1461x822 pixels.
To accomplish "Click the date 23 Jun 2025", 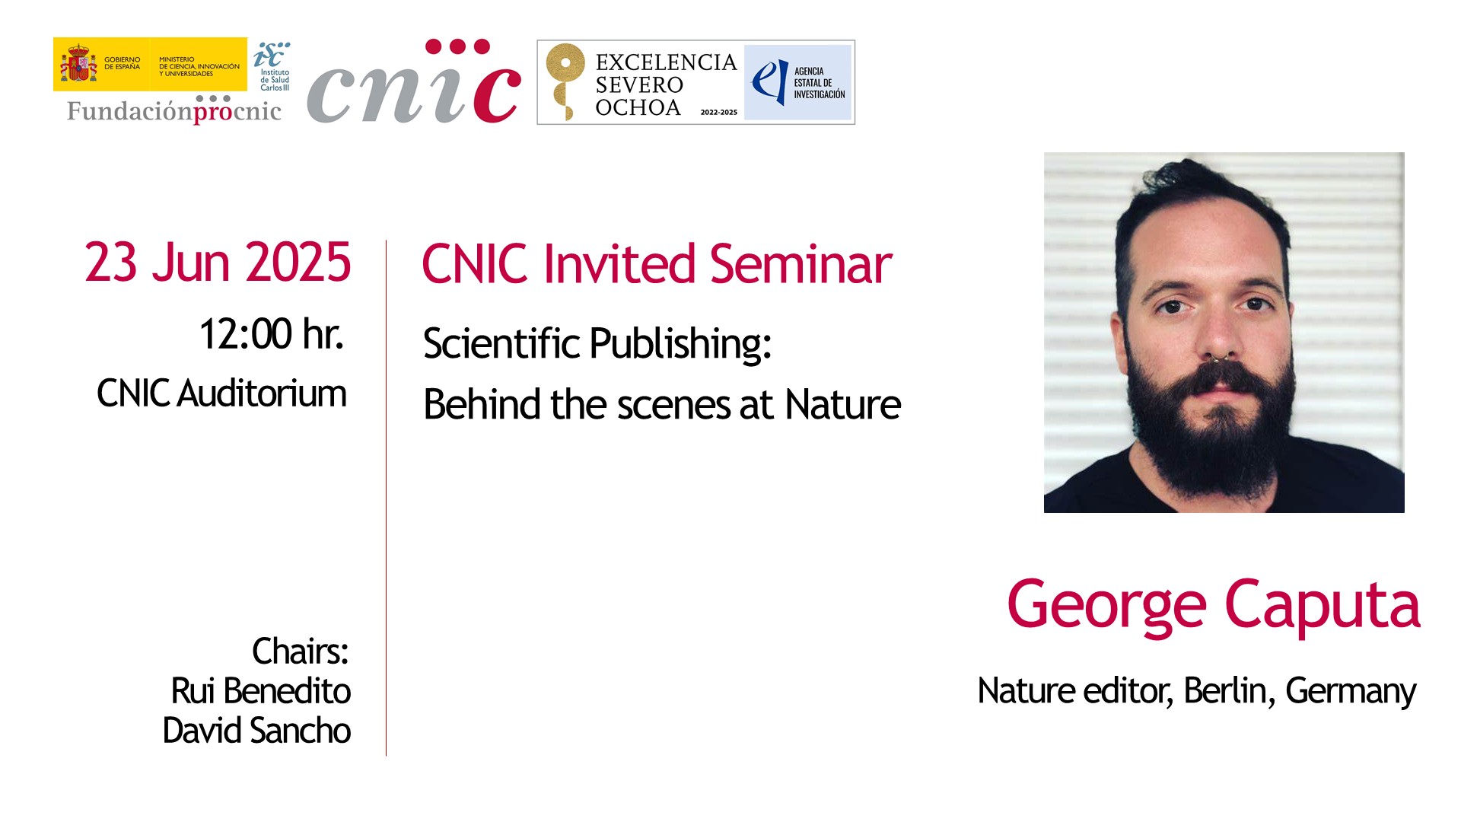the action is (x=218, y=263).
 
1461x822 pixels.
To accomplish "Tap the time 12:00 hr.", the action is (x=271, y=333).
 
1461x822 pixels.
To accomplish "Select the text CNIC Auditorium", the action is (x=221, y=393).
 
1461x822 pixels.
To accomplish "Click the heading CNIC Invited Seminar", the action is (x=657, y=264).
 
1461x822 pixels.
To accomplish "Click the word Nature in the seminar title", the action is (x=843, y=404).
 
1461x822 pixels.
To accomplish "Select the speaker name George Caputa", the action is (x=1214, y=605).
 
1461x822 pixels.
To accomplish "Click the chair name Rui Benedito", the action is (x=261, y=691).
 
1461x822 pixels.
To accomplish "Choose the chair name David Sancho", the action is (x=256, y=731).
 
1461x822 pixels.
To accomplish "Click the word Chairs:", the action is (x=301, y=652).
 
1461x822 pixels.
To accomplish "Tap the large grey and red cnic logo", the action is (x=414, y=81).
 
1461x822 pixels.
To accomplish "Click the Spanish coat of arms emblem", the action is (x=78, y=63).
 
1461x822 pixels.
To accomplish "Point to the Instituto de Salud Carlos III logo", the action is (x=272, y=66).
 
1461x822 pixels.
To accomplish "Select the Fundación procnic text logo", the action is (x=174, y=110).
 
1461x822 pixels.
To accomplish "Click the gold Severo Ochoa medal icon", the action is (x=565, y=81).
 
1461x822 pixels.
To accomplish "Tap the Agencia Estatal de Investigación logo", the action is (x=797, y=82).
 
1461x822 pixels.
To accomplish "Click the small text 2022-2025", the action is (x=718, y=113).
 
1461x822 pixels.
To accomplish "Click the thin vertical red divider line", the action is (x=386, y=498).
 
